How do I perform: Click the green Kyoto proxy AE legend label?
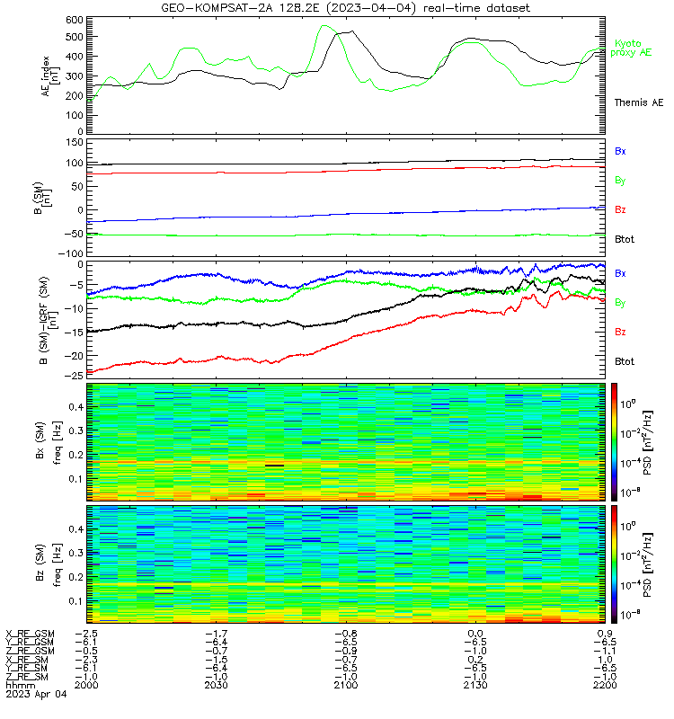[x=631, y=49]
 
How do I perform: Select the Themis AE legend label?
[x=639, y=102]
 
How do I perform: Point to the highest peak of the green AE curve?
[x=324, y=26]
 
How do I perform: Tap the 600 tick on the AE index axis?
[x=75, y=20]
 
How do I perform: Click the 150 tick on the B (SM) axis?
[x=75, y=142]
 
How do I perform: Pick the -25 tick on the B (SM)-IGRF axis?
[x=74, y=375]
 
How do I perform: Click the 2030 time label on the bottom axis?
[x=216, y=685]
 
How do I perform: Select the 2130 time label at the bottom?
[x=475, y=685]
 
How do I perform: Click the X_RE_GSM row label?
[x=30, y=634]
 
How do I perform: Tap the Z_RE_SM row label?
[x=26, y=677]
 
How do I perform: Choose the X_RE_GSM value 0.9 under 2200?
[x=605, y=634]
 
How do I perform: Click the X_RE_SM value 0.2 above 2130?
[x=475, y=660]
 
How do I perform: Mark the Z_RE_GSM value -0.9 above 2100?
[x=346, y=651]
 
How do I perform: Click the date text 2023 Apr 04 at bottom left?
[x=36, y=694]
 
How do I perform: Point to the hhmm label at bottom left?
[x=20, y=685]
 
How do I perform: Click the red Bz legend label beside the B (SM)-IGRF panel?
[x=620, y=332]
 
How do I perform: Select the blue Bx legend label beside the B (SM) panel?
[x=620, y=151]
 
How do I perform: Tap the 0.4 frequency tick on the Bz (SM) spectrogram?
[x=76, y=529]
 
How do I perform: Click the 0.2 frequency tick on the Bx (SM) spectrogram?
[x=76, y=455]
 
